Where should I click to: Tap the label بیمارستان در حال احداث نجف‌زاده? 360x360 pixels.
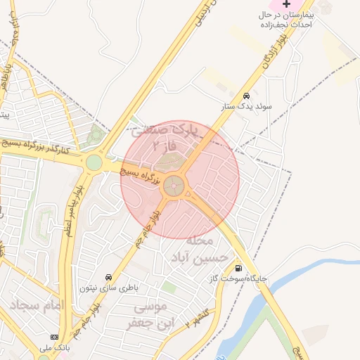285,19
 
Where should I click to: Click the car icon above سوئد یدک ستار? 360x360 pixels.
246,96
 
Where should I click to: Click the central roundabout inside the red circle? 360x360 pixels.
174,186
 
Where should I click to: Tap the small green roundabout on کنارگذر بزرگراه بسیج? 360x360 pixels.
94,163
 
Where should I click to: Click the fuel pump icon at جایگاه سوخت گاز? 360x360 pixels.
240,268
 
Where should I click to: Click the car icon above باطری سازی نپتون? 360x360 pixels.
108,277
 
